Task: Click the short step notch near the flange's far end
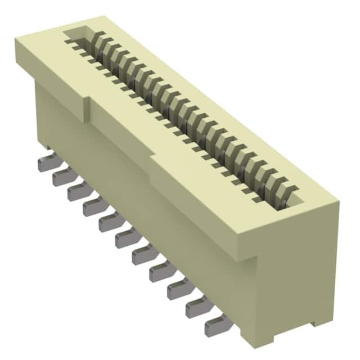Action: (x=87, y=110)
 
